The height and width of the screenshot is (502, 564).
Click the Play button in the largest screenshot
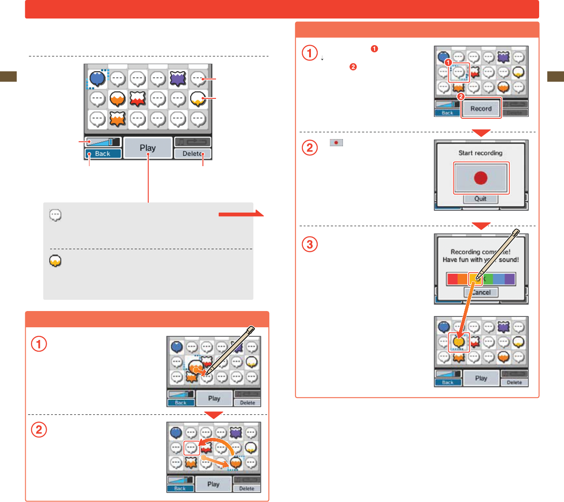(148, 148)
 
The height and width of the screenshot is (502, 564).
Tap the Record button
(481, 108)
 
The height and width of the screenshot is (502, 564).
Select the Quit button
(480, 199)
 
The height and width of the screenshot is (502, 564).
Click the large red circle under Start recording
(481, 178)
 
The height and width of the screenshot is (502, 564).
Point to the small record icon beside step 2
(336, 143)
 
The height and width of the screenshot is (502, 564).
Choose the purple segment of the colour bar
(510, 279)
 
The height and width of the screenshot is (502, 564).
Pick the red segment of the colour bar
(452, 279)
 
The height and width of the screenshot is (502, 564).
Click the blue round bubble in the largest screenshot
(97, 79)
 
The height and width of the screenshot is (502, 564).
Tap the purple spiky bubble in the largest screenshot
(178, 79)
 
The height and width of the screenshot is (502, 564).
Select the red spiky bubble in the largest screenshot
(137, 98)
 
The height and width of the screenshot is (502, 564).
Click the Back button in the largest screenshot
(103, 153)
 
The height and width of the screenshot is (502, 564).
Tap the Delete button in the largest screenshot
(193, 153)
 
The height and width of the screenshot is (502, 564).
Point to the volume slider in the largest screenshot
(103, 142)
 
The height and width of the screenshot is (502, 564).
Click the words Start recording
(480, 153)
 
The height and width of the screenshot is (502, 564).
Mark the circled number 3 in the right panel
(310, 244)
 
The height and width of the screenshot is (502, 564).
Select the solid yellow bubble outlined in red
(459, 342)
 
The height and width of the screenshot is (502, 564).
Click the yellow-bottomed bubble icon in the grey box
(55, 261)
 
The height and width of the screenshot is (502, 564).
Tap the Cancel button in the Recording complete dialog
(481, 292)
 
